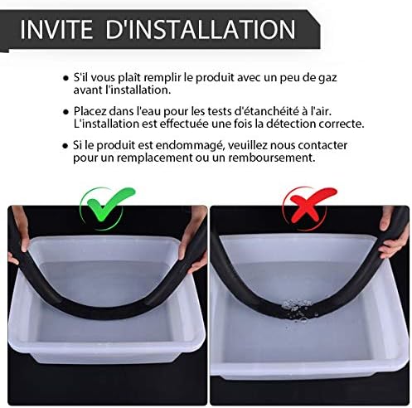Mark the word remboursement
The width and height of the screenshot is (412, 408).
click(270, 158)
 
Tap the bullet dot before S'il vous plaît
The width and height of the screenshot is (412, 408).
click(65, 76)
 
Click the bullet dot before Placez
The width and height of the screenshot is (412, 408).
click(65, 110)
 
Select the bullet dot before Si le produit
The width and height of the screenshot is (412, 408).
click(65, 144)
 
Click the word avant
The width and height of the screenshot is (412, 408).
click(90, 90)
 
